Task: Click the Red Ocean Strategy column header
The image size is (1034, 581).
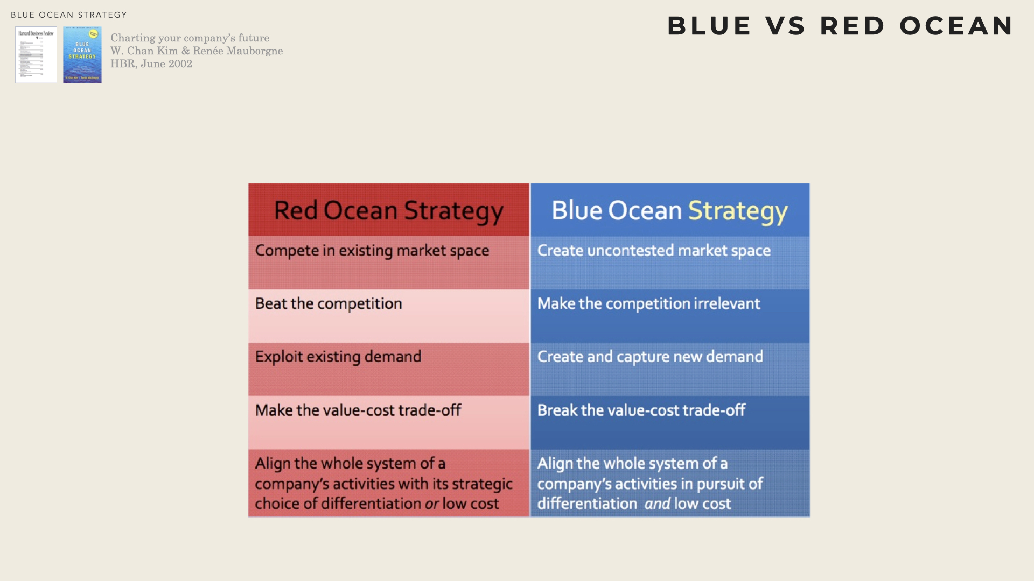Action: pyautogui.click(x=388, y=210)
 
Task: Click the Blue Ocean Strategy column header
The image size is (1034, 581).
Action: pyautogui.click(x=669, y=210)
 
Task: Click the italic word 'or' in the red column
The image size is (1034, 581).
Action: pyautogui.click(x=431, y=504)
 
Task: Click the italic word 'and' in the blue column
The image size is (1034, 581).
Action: pyautogui.click(x=657, y=504)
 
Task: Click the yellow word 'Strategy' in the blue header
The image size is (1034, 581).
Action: pyautogui.click(x=737, y=211)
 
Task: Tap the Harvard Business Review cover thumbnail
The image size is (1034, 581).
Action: pyautogui.click(x=36, y=55)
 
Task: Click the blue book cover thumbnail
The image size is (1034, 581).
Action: pyautogui.click(x=82, y=55)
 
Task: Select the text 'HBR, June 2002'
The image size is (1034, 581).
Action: pyautogui.click(x=151, y=64)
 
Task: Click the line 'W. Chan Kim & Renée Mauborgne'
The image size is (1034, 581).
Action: pyautogui.click(x=197, y=51)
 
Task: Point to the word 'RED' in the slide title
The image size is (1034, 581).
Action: pyautogui.click(x=852, y=26)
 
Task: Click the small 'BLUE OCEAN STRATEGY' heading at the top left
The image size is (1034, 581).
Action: pyautogui.click(x=69, y=15)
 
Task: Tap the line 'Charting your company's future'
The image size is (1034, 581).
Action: pyautogui.click(x=190, y=38)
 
